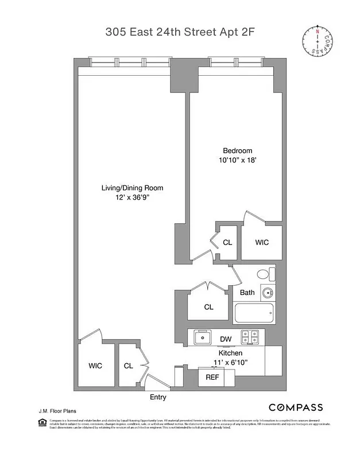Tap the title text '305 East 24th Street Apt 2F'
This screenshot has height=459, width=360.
coord(179,33)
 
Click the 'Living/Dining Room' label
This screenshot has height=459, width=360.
coord(127,188)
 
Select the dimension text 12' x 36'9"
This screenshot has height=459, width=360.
coord(127,197)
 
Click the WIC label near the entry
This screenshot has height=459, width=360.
coord(95,365)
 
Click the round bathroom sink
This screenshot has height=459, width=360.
coord(267,293)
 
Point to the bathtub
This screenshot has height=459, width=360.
coord(254,313)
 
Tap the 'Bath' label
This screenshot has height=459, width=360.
coord(247,293)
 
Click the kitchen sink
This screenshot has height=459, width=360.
coord(203,337)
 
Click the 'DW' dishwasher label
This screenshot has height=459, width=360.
coord(226,339)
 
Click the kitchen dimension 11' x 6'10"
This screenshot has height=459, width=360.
coord(230,363)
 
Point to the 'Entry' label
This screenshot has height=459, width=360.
coord(158,397)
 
